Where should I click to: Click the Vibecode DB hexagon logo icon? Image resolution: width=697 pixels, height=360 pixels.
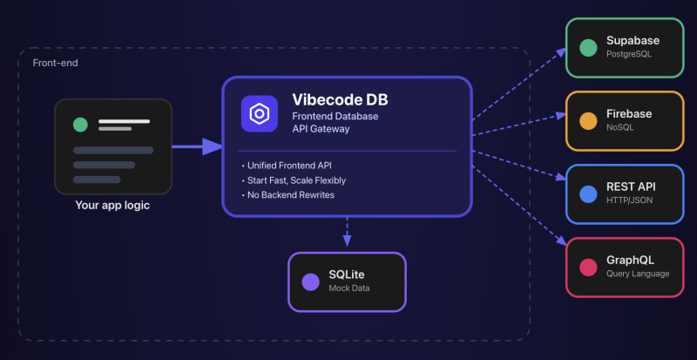(x=259, y=114)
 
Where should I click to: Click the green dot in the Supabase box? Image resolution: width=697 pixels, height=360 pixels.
(x=588, y=46)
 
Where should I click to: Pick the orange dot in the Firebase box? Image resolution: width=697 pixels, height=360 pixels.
(x=588, y=120)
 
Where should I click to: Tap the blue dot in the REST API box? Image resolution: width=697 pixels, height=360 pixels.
(x=588, y=193)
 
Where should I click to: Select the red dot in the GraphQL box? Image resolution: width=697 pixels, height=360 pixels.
(x=588, y=266)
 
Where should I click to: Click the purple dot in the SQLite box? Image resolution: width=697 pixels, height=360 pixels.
(x=310, y=282)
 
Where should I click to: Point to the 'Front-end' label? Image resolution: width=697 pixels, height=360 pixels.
(x=53, y=63)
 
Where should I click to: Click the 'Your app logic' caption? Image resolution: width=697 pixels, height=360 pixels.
(x=112, y=207)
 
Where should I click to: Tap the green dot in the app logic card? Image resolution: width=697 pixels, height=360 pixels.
(x=80, y=125)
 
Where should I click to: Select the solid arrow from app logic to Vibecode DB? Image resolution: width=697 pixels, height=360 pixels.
(x=196, y=146)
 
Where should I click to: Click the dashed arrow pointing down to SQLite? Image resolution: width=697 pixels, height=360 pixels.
(x=347, y=231)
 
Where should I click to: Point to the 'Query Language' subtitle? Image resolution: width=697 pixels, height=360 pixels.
(x=638, y=274)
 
